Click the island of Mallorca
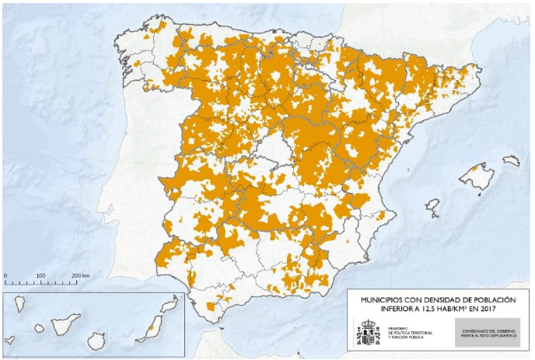point(477,177)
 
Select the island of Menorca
point(510,161)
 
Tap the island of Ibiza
point(432,208)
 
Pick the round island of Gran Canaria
point(96,341)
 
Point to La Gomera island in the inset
point(39,328)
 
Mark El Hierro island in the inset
point(9,340)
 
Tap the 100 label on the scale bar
point(40,276)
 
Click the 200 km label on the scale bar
point(80,276)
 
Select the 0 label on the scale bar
point(5,276)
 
